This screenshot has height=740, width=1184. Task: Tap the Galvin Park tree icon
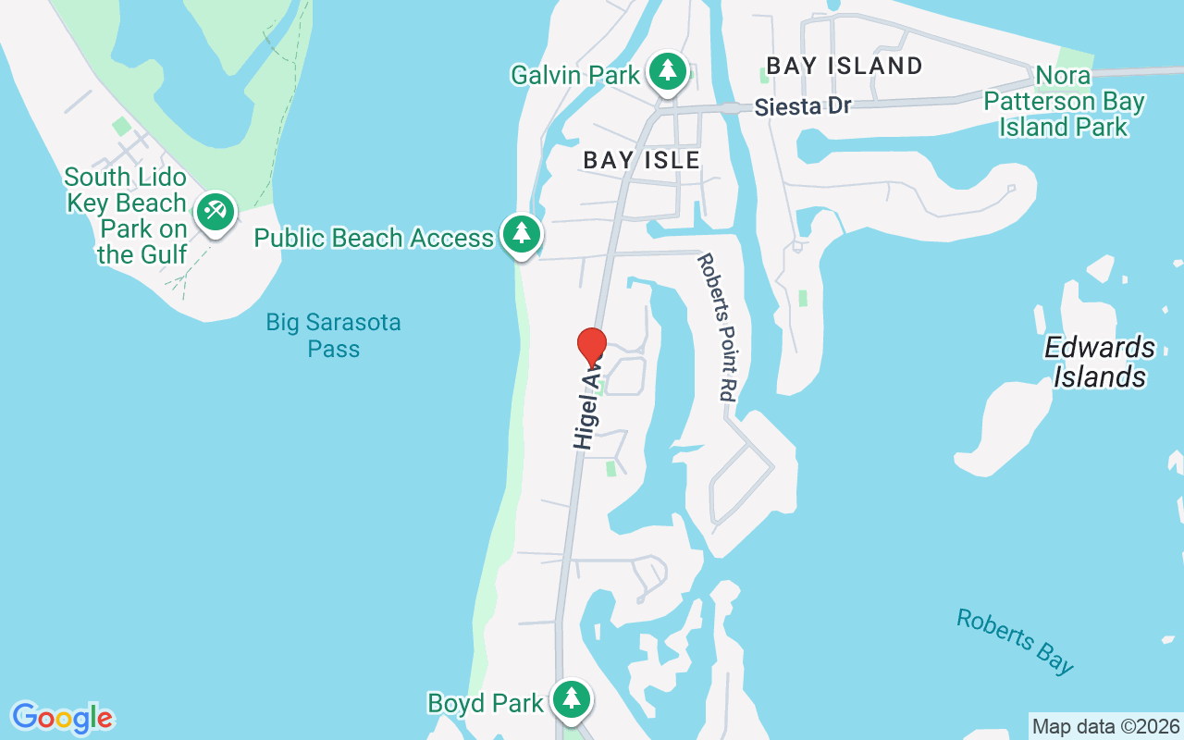click(666, 72)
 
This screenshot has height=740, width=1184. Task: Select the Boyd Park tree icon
click(572, 699)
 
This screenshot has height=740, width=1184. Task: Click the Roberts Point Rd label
click(715, 327)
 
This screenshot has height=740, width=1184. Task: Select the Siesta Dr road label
click(802, 106)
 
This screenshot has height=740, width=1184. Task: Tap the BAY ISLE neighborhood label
click(641, 160)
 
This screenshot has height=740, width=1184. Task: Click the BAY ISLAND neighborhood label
click(845, 66)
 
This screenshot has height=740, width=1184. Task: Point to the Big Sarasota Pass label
click(333, 336)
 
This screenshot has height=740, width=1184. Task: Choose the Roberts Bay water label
click(1015, 641)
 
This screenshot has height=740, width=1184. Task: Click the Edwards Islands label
click(1100, 362)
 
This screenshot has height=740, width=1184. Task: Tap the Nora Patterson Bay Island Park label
click(1064, 101)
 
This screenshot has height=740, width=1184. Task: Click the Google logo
click(62, 718)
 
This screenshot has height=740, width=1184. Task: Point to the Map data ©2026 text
click(1105, 726)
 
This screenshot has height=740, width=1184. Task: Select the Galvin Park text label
click(575, 74)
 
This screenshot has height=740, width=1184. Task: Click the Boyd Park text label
click(486, 703)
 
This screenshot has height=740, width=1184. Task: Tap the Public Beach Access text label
click(374, 238)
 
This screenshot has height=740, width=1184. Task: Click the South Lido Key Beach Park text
click(127, 215)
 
